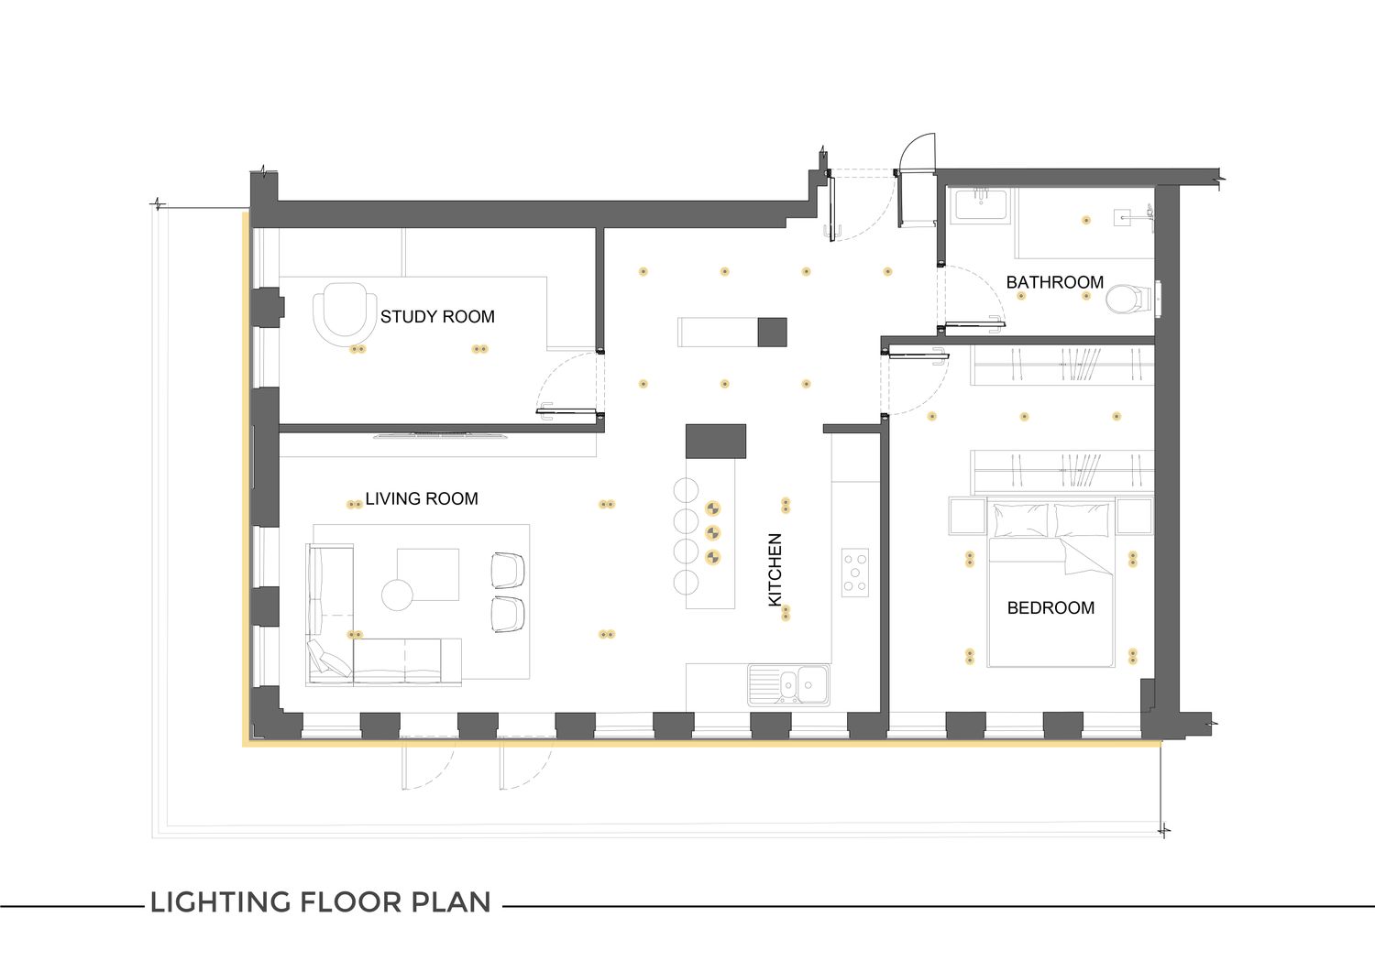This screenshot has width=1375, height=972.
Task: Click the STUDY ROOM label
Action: tap(437, 317)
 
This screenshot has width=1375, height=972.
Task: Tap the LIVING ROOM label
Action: tap(422, 498)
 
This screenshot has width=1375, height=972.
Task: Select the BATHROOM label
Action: tap(1054, 282)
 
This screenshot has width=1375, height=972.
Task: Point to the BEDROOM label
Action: tap(1050, 607)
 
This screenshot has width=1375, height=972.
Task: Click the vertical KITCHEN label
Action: tap(775, 570)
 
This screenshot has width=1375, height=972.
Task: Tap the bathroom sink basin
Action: tap(979, 205)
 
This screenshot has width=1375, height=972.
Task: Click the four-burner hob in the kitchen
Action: tap(855, 573)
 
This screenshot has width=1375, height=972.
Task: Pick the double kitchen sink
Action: tap(788, 684)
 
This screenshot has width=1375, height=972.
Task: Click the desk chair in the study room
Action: tap(345, 311)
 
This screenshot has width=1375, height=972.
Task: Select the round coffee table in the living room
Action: tap(397, 595)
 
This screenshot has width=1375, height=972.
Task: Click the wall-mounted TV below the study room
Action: tap(441, 435)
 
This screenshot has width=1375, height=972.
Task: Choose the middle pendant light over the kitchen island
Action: tap(712, 532)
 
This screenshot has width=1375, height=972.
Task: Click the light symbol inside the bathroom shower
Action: tap(1086, 220)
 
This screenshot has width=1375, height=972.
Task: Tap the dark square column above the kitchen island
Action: tap(716, 442)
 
